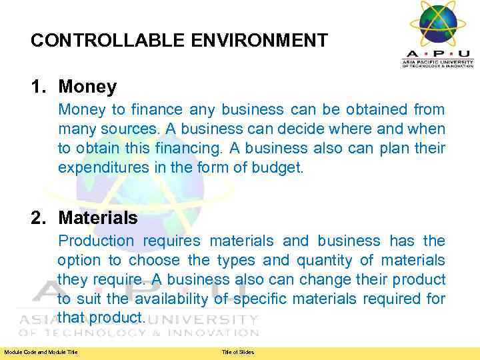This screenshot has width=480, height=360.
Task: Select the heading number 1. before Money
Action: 39,87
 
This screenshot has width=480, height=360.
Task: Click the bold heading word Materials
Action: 98,218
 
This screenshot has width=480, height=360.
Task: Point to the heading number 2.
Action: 39,218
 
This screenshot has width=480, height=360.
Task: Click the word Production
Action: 96,241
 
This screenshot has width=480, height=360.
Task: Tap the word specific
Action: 255,299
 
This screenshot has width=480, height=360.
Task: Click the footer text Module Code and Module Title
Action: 41,352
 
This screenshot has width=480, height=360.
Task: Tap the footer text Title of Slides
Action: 238,352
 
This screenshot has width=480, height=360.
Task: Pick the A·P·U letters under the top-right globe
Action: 437,54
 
